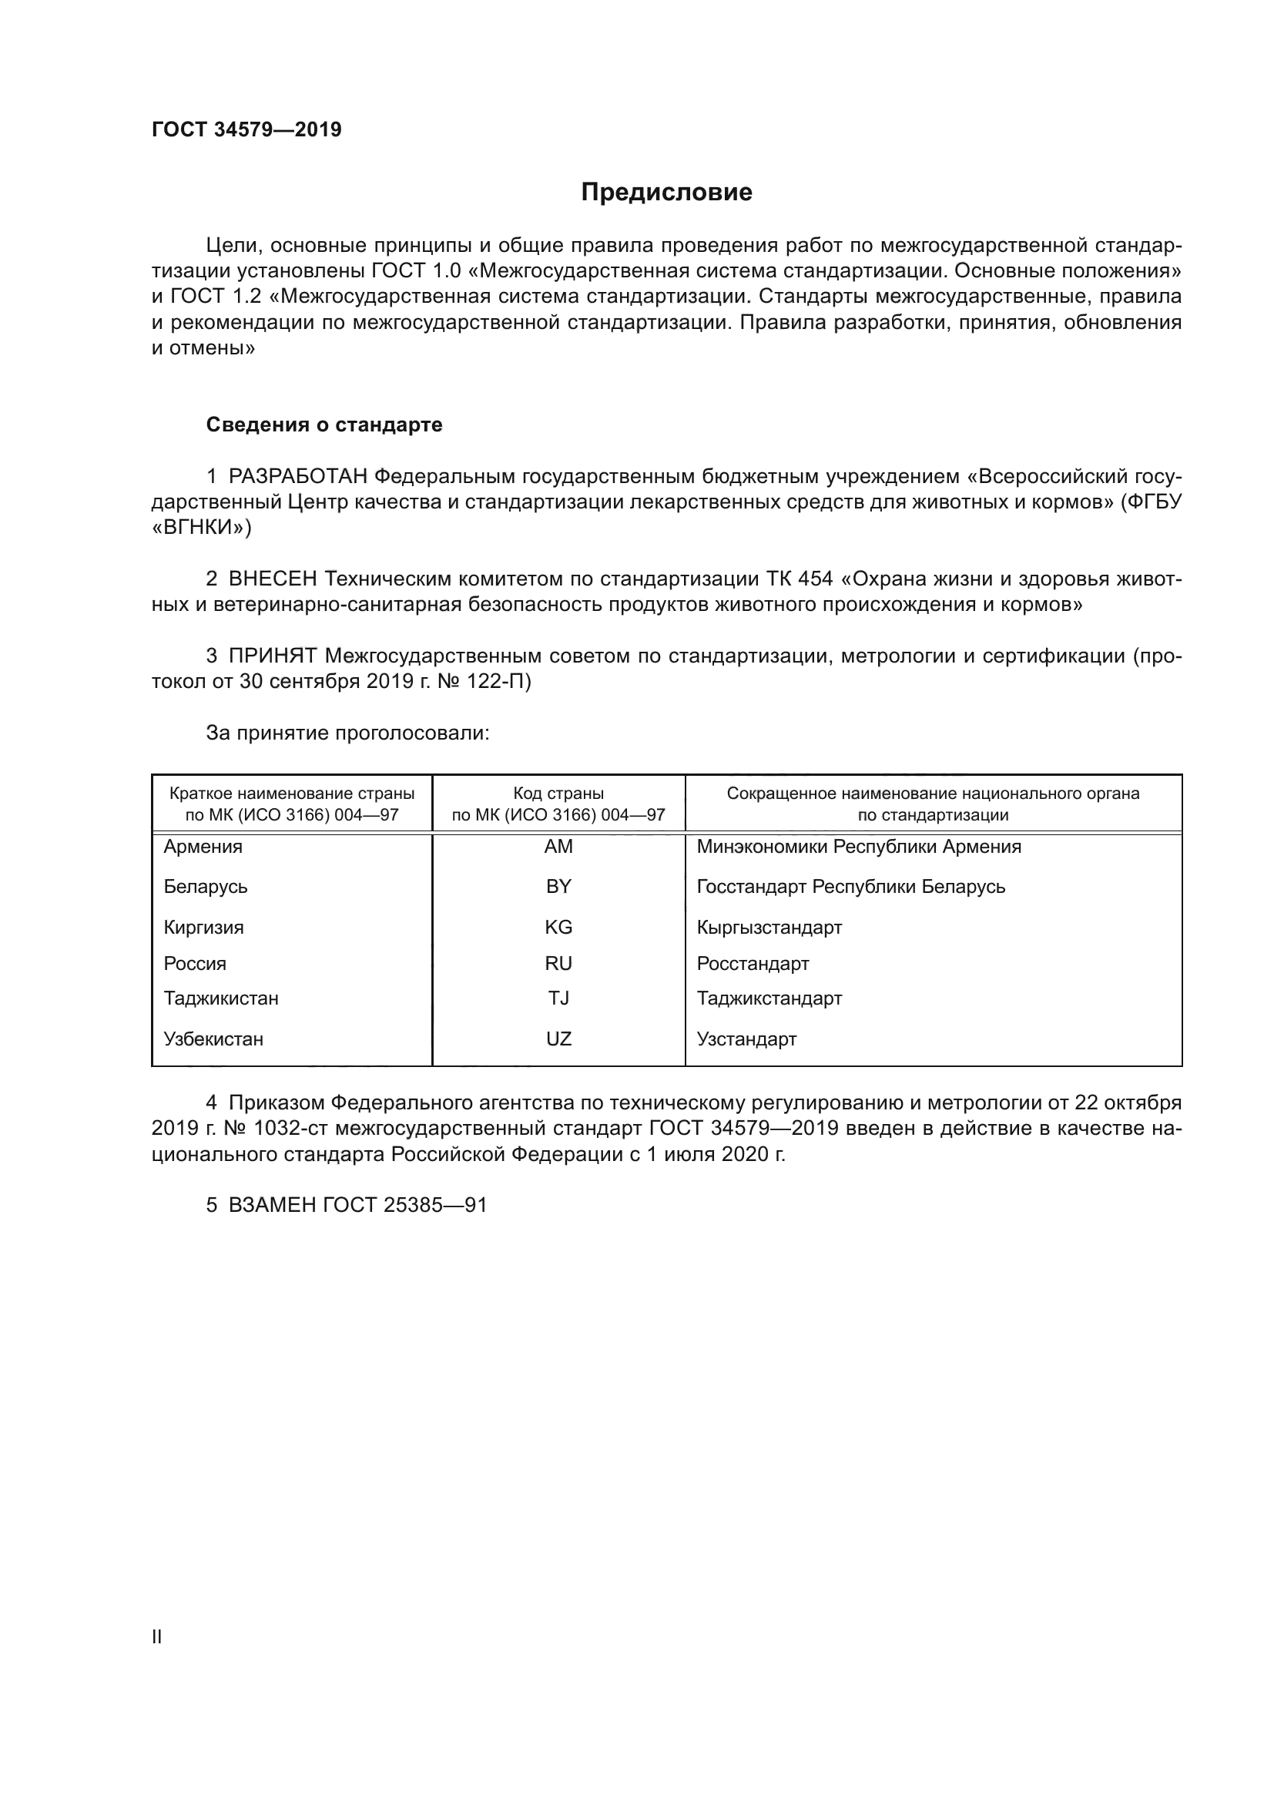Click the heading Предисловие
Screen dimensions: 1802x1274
[666, 193]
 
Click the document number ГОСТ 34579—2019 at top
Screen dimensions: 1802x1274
[246, 129]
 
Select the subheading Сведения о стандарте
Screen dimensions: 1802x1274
[324, 424]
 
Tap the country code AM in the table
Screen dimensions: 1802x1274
[558, 846]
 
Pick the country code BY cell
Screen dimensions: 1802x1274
[558, 886]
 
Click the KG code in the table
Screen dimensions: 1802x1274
[558, 927]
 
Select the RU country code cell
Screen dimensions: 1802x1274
[558, 963]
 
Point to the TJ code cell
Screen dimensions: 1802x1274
[558, 998]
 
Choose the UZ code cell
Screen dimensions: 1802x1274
[558, 1039]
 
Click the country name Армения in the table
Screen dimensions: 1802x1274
[203, 847]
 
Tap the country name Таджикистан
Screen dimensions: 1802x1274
[221, 998]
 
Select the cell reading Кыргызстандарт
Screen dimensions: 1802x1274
[769, 928]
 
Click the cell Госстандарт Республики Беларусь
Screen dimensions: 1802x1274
[850, 887]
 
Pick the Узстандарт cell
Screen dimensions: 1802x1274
[746, 1039]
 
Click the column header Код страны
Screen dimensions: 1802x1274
[558, 794]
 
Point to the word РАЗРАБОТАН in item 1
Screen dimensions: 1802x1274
[297, 476]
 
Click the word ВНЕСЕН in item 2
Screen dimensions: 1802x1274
[272, 579]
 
